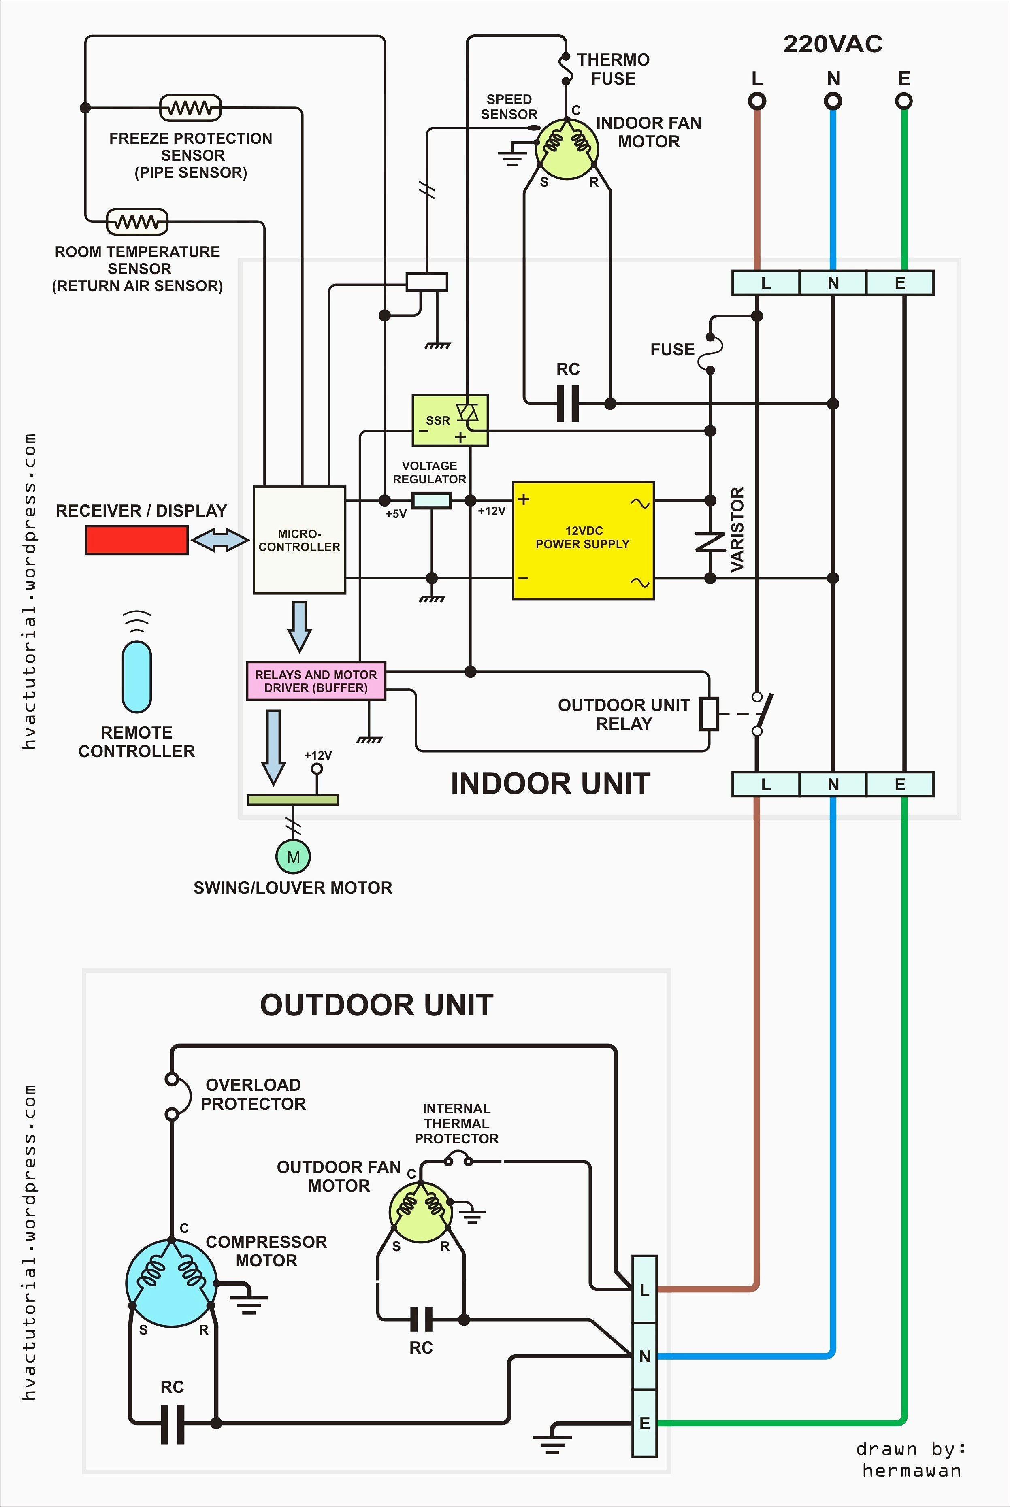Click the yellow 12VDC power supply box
pos(583,541)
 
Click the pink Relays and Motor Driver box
pos(315,681)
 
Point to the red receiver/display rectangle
pos(136,540)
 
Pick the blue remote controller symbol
pos(136,676)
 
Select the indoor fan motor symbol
pos(567,148)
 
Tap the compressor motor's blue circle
pos(171,1283)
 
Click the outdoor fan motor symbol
pos(421,1212)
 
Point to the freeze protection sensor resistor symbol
pos(190,108)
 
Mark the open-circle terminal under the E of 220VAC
pos(904,101)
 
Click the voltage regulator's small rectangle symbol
pos(431,500)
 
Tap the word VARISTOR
pos(737,529)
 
